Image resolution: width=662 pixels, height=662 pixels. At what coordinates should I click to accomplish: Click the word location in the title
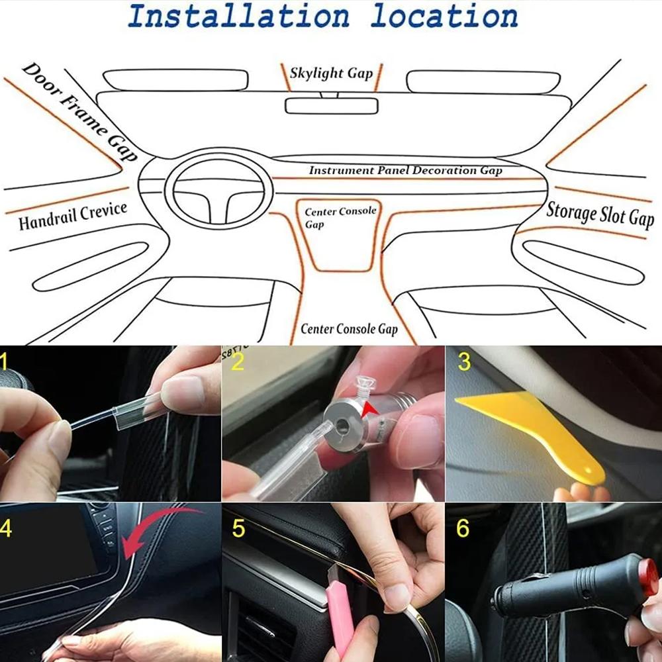point(444,17)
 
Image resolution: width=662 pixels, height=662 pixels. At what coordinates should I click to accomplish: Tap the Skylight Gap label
point(331,73)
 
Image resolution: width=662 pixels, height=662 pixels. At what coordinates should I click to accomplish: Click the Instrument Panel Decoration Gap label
point(405,170)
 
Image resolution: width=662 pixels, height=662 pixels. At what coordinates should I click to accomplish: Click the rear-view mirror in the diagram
point(331,105)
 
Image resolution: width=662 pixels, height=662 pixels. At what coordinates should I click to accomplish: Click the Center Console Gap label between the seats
point(349,329)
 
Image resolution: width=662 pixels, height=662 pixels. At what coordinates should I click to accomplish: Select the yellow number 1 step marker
point(5,362)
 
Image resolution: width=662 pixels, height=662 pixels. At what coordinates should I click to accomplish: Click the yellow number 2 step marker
point(238,362)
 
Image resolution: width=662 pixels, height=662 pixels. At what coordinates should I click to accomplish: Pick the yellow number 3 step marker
point(464,362)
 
